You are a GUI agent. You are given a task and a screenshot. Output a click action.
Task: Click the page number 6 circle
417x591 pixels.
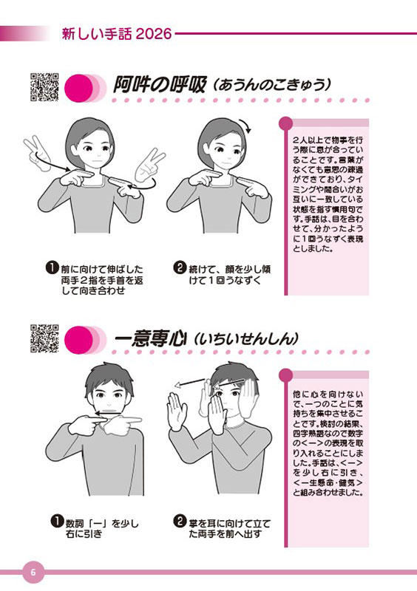point(33,572)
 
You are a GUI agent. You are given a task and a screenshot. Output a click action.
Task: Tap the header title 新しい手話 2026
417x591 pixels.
point(117,34)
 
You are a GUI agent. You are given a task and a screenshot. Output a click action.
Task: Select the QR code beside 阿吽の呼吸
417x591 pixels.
point(44,87)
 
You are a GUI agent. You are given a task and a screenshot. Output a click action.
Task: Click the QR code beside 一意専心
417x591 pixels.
point(44,338)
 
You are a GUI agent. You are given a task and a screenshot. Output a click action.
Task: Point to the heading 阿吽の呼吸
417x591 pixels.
point(160,85)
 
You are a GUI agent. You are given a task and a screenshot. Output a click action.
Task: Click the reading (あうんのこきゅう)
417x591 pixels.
point(271,85)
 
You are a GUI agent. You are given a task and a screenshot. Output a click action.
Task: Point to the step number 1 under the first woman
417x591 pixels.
point(52,268)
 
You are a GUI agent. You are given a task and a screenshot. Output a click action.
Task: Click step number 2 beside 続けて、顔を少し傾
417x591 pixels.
point(180,268)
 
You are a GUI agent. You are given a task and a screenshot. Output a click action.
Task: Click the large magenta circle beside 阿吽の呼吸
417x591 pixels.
point(78,89)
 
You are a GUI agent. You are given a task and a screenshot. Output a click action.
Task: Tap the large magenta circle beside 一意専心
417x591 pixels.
point(78,340)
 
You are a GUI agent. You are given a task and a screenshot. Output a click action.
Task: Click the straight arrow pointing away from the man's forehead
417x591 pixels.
point(191,383)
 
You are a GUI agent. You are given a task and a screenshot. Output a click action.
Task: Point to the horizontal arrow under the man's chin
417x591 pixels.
point(107,414)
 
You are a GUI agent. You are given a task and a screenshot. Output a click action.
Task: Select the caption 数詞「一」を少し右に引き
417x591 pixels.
point(102,528)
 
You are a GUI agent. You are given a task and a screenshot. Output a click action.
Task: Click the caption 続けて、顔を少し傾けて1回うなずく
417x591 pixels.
point(229,275)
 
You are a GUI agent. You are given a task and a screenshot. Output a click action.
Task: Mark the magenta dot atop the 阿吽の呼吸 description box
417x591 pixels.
point(285,123)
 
